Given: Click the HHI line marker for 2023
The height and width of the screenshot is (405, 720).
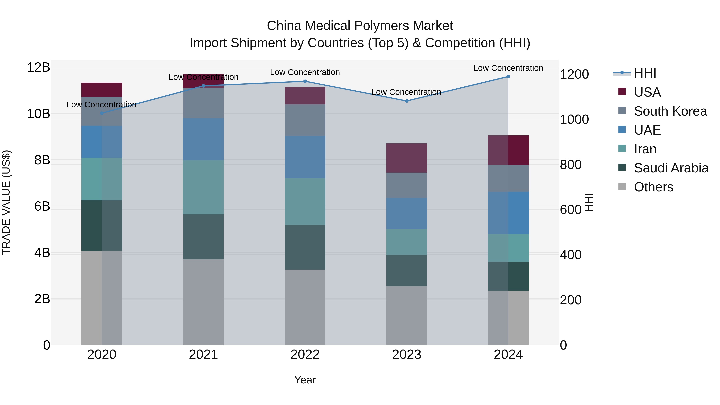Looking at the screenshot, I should click(x=407, y=101).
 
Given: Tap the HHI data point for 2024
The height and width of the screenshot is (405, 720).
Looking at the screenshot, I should click(x=508, y=77).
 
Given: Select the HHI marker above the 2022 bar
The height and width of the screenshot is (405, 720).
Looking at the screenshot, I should click(x=305, y=81).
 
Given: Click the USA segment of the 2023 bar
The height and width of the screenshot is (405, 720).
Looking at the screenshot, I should click(x=407, y=158).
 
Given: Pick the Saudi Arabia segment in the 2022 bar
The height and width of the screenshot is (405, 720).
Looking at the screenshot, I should click(x=305, y=247).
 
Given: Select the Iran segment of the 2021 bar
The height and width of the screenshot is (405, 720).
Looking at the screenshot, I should click(x=203, y=187).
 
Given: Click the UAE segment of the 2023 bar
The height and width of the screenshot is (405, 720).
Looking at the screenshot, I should click(x=407, y=213).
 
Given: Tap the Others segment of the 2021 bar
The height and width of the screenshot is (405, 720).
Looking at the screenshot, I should click(x=203, y=302).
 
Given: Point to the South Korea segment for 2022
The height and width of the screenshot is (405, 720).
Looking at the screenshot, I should click(x=305, y=120).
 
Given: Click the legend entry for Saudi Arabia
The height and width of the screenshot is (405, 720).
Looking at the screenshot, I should click(x=671, y=168).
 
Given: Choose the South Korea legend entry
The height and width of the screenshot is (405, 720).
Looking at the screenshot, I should click(x=670, y=111).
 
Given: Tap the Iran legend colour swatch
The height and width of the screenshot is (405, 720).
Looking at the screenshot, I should click(x=622, y=148).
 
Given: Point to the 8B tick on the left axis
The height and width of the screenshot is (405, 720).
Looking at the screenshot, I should click(x=42, y=160).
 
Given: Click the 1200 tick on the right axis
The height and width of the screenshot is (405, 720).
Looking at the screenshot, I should click(x=574, y=74).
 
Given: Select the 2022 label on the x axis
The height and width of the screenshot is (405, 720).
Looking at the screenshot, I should click(x=305, y=355).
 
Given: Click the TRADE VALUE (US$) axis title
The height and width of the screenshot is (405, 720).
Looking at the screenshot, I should click(x=6, y=202).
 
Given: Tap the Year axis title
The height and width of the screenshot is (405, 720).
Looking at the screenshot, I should click(x=305, y=380).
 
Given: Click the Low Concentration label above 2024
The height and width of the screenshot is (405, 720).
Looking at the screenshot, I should click(x=508, y=68).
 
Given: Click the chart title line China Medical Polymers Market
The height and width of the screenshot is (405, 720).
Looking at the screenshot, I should click(x=360, y=26).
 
